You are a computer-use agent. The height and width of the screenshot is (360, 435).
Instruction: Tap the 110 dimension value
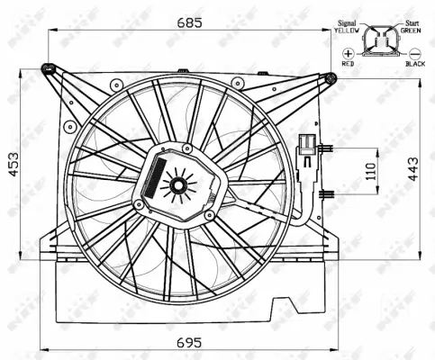pyautogui.click(x=370, y=171)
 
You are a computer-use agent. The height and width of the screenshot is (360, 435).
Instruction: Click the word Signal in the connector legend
pyautogui.click(x=349, y=22)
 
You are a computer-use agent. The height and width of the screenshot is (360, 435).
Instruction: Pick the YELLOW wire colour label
pyautogui.click(x=348, y=31)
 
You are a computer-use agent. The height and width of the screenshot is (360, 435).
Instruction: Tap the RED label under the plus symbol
pyautogui.click(x=349, y=65)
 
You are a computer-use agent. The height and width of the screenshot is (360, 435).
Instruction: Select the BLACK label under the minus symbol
pyautogui.click(x=415, y=65)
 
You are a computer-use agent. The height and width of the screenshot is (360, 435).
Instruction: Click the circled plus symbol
pyautogui.click(x=349, y=54)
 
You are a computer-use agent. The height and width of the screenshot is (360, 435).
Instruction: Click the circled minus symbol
pyautogui.click(x=414, y=54)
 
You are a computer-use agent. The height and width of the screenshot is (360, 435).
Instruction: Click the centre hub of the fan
pyautogui.click(x=177, y=186)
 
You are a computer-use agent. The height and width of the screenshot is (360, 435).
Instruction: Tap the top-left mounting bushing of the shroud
pyautogui.click(x=49, y=67)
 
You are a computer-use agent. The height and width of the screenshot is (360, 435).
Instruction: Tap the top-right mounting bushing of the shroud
pyautogui.click(x=331, y=78)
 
